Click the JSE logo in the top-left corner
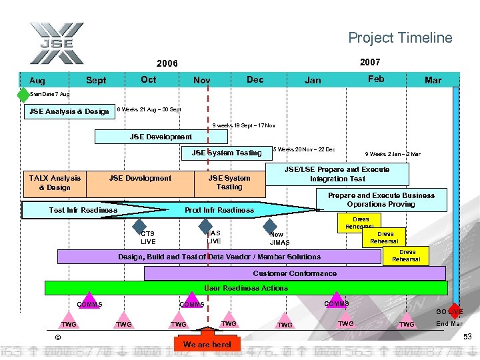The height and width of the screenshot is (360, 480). click(56, 44)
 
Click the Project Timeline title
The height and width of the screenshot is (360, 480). click(400, 38)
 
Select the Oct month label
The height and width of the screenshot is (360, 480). click(149, 79)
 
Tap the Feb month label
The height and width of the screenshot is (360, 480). click(376, 79)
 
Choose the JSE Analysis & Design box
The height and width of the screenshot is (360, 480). click(69, 111)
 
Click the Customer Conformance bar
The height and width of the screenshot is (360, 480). click(295, 273)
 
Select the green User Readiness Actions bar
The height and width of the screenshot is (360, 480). click(245, 288)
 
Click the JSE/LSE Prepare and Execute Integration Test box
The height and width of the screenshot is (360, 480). click(337, 174)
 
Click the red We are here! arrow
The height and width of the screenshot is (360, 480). click(207, 337)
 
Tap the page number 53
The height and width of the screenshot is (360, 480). click(467, 337)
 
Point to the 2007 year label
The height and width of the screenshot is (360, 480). click(370, 62)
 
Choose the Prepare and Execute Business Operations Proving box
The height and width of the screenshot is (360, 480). click(381, 200)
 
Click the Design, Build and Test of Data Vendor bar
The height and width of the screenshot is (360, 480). click(220, 257)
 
